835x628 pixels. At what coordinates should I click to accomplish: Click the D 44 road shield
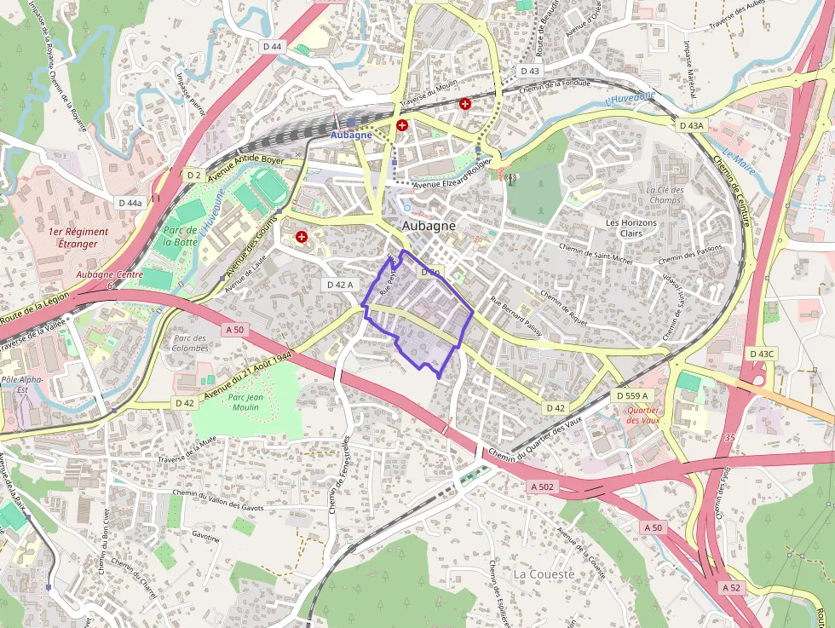click(272, 46)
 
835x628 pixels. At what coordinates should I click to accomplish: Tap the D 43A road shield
click(692, 125)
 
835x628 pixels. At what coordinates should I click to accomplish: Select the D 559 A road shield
click(631, 395)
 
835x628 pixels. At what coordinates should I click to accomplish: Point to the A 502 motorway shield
click(542, 487)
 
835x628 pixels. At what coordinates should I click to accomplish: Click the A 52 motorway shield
click(731, 588)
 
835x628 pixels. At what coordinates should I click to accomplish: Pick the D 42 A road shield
click(339, 285)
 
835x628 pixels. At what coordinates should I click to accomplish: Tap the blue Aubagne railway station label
click(351, 135)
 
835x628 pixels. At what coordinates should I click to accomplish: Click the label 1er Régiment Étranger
click(78, 238)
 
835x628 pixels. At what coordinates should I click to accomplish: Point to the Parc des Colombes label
click(190, 343)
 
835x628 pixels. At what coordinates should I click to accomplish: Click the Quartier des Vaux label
click(643, 414)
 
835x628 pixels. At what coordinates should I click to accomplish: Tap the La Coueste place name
click(544, 574)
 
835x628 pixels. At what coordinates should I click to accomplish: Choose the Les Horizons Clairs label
click(631, 228)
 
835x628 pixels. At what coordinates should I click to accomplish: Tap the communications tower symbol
click(510, 179)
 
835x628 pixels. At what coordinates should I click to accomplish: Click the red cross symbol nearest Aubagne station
click(401, 125)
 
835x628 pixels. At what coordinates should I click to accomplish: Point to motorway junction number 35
click(728, 437)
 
